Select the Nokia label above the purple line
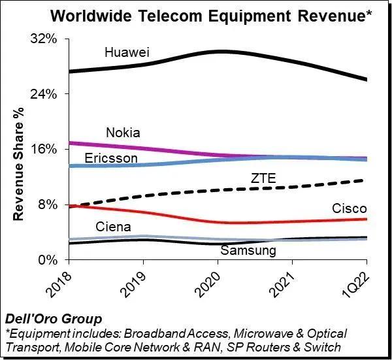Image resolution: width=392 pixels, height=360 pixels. (x=123, y=132)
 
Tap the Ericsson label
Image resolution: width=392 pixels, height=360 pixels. (x=111, y=159)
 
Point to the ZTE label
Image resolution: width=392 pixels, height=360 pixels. (x=263, y=178)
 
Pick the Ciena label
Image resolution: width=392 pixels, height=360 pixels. (x=113, y=227)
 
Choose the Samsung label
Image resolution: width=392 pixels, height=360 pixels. (x=248, y=250)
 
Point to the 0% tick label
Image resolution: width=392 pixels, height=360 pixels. (x=49, y=260)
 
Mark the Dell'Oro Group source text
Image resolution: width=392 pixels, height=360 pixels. (x=53, y=319)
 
